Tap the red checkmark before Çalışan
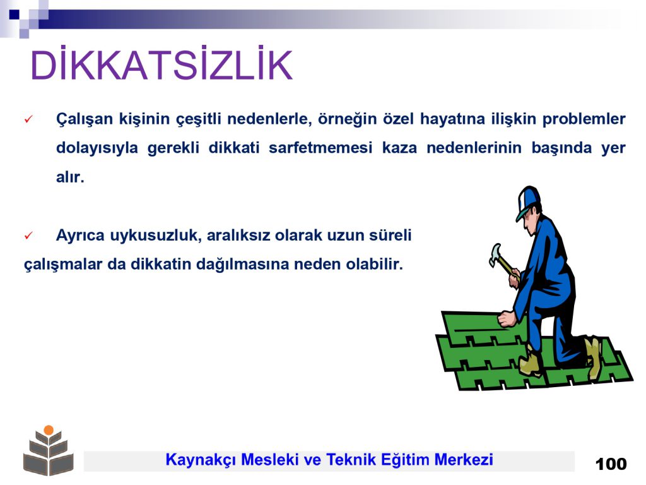click(x=28, y=119)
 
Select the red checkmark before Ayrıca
click(x=28, y=236)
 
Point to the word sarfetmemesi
click(x=320, y=148)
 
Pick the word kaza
click(x=399, y=148)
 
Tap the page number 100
click(x=611, y=464)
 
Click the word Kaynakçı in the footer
click(x=201, y=460)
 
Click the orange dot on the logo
click(x=49, y=429)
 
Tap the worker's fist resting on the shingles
click(x=507, y=319)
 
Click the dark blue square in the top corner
click(x=14, y=15)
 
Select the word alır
click(x=70, y=177)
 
